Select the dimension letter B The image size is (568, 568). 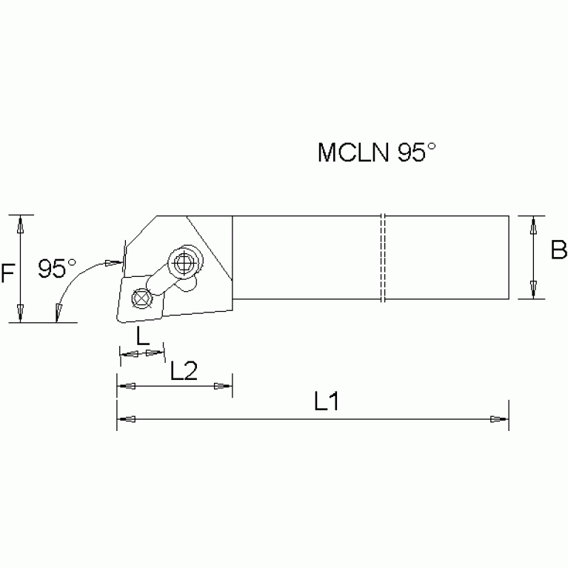[558, 250]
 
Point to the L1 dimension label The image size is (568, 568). [326, 402]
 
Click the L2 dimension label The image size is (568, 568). [183, 370]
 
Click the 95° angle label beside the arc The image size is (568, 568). [58, 268]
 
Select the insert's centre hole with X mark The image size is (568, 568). [138, 298]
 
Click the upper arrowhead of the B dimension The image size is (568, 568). [533, 226]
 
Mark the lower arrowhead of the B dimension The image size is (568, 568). [533, 290]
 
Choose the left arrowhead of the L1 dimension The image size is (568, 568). [127, 420]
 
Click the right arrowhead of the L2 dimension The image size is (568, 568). [222, 387]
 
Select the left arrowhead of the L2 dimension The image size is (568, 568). [127, 387]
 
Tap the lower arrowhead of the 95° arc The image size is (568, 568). [58, 314]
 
